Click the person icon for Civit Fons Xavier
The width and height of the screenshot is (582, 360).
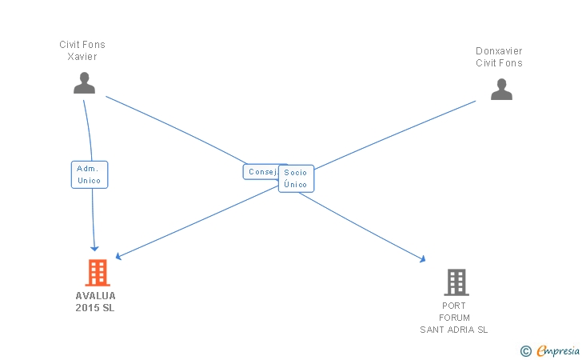tap(84, 83)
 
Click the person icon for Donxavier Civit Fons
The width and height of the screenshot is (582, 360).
tap(501, 89)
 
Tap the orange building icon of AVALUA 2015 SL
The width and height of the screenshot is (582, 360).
tap(97, 273)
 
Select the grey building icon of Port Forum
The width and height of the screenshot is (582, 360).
tap(456, 282)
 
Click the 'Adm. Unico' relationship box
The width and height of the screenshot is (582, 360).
tap(89, 174)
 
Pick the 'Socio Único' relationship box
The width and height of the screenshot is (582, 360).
tap(296, 178)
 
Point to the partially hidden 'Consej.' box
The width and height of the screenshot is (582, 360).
tap(261, 172)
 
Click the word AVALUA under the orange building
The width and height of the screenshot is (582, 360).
tap(96, 295)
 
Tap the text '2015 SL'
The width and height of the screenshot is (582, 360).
tap(95, 307)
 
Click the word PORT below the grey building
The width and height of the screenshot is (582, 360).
tap(454, 306)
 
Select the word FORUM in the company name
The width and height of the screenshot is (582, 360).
tap(454, 318)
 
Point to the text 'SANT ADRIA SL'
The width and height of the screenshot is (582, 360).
tap(454, 330)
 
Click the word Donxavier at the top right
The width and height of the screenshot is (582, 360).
tap(499, 51)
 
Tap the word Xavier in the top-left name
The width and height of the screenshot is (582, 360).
tap(82, 57)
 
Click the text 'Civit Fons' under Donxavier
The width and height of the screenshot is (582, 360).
tap(499, 63)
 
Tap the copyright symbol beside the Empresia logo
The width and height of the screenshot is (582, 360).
tap(525, 350)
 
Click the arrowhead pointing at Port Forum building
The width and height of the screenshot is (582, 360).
tap(422, 259)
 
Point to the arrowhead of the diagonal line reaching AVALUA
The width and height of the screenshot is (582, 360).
tap(118, 257)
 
